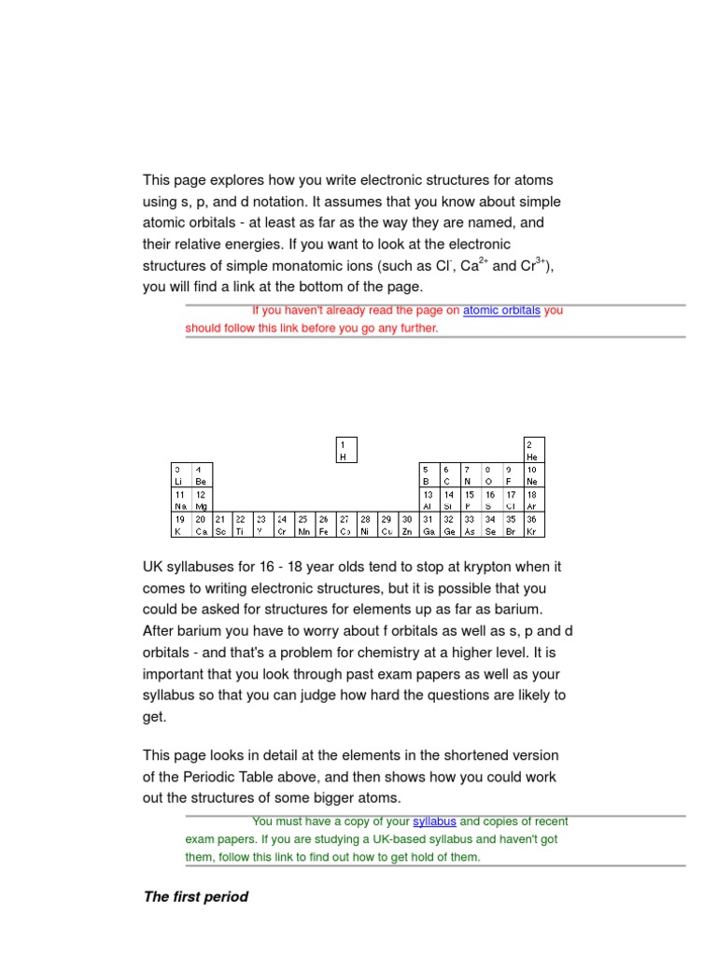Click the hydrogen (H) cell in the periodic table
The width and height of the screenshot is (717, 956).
pyautogui.click(x=345, y=450)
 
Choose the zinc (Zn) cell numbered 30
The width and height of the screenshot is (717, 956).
pyautogui.click(x=407, y=525)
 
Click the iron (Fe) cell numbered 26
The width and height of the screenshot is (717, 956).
pyautogui.click(x=324, y=525)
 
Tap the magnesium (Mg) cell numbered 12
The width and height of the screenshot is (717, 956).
pyautogui.click(x=202, y=499)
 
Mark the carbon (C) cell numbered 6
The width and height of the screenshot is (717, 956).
pyautogui.click(x=448, y=474)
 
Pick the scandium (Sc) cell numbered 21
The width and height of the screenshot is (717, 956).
pyautogui.click(x=221, y=525)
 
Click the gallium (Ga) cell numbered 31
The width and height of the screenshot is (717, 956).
pyautogui.click(x=429, y=525)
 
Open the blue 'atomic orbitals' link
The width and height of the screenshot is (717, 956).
pyautogui.click(x=501, y=310)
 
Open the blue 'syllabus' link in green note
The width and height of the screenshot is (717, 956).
pyautogui.click(x=434, y=822)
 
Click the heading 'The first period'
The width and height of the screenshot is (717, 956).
pyautogui.click(x=195, y=897)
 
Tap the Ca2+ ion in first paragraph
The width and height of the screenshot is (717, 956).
pyautogui.click(x=475, y=264)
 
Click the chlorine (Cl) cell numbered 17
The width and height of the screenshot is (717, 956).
pyautogui.click(x=512, y=499)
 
